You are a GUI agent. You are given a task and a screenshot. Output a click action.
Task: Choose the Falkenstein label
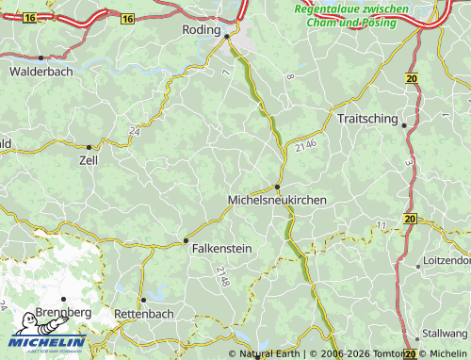coord(222,251)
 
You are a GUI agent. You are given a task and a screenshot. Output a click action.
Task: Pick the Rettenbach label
coord(143,313)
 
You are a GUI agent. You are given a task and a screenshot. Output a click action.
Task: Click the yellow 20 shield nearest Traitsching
coord(411,79)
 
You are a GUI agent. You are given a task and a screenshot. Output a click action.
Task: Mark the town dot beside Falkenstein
coord(186,241)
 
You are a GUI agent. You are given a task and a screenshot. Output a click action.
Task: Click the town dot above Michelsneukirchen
coord(276,187)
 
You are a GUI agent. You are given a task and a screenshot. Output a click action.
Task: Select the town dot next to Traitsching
coord(404,124)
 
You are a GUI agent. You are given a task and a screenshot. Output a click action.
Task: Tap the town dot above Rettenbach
coord(143,300)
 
